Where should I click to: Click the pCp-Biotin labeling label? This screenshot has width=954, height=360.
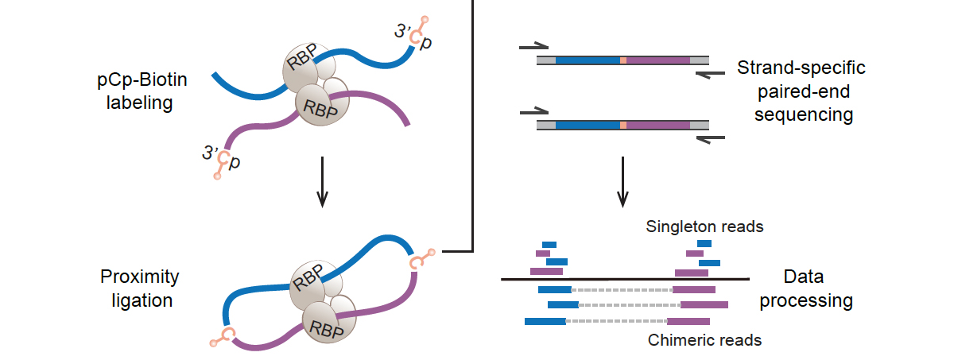click(x=142, y=92)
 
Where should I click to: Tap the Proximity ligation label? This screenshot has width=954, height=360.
click(x=140, y=288)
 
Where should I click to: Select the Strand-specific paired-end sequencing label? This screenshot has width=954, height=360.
click(x=801, y=91)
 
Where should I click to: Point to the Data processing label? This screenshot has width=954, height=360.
click(x=816, y=289)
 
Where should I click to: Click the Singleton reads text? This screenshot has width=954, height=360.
click(x=705, y=226)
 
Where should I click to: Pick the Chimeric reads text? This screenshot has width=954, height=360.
click(x=705, y=340)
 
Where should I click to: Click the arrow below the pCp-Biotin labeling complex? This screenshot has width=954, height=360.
click(x=322, y=181)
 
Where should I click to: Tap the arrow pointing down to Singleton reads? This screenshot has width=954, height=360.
click(x=624, y=181)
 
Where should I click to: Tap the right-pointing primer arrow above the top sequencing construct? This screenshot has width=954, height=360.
click(x=534, y=47)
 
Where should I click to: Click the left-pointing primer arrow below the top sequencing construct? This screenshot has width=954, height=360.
click(x=709, y=74)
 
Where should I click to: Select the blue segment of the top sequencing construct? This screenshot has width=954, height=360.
click(x=587, y=60)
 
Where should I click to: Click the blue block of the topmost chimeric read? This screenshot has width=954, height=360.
click(x=554, y=289)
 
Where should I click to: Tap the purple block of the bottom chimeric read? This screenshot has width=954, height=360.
click(x=688, y=321)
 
